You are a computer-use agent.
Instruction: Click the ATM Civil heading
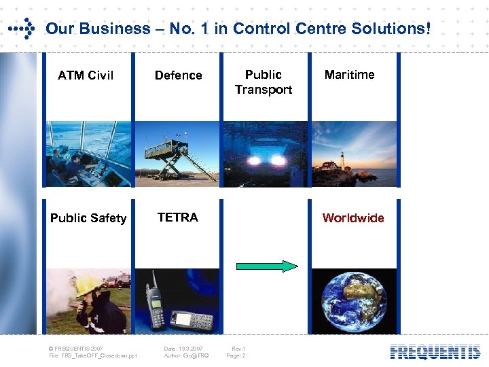point(86,75)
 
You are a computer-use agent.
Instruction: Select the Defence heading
point(178,75)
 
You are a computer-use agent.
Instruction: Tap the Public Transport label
point(264,82)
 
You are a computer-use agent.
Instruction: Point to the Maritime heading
point(349,75)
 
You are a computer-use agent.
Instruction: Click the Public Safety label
point(88,218)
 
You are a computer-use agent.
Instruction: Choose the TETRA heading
point(177,217)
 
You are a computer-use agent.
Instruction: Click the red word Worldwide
point(353,218)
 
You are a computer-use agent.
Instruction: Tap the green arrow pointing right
point(266,266)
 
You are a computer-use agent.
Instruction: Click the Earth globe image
point(354,302)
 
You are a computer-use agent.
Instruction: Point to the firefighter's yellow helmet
point(88,284)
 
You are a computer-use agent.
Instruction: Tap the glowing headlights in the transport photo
point(264,160)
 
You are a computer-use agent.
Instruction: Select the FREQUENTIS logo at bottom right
point(435,352)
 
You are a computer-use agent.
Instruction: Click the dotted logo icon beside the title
point(22,29)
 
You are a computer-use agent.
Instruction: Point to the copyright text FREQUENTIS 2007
point(77,349)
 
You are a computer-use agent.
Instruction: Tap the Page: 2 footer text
point(236,355)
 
